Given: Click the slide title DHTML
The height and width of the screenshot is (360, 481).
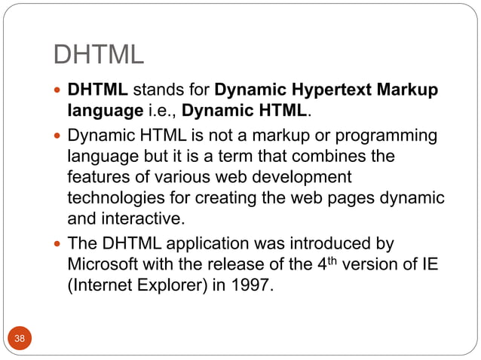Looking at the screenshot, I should coord(98,55).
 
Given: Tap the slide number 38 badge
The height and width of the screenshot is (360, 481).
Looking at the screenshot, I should coord(20,338).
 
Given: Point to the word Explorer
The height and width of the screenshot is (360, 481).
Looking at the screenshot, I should coord(183,287).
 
